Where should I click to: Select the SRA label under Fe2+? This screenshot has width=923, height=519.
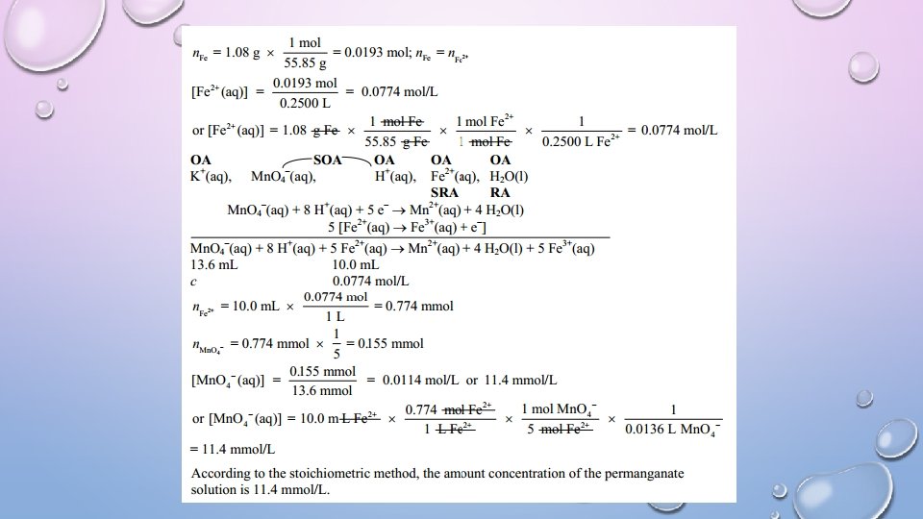point(444,192)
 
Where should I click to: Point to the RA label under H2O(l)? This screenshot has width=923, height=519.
point(500,192)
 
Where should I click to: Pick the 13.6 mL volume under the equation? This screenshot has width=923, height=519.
point(213,264)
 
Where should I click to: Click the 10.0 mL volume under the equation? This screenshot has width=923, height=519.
point(355,264)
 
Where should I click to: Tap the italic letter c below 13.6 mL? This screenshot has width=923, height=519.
point(194,282)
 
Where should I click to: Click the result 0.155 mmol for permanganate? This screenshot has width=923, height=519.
point(395,343)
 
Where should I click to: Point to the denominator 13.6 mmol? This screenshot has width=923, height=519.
point(322,390)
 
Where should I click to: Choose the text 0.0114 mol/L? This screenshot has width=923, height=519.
point(420,380)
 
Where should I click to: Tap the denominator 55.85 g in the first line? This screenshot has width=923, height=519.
point(301,62)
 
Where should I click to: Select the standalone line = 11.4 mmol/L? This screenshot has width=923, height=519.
point(233,449)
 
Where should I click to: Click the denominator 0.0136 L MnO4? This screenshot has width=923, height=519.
point(673,429)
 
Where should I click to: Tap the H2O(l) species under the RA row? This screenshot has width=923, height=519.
point(509,177)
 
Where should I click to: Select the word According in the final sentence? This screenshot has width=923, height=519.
point(220,474)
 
